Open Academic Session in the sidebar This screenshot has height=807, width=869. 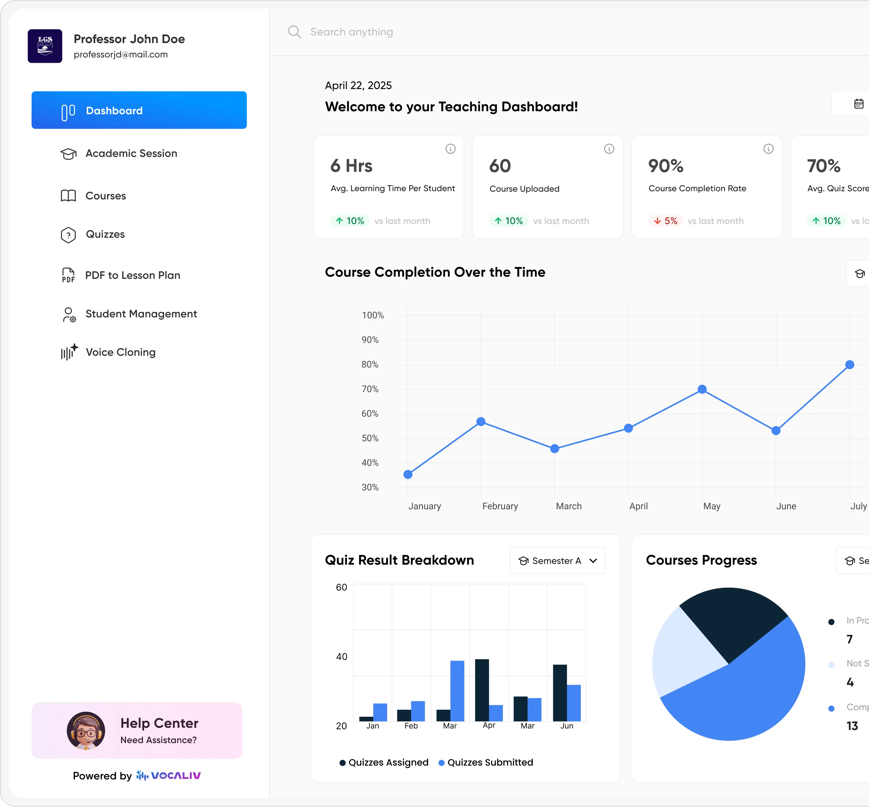point(131,153)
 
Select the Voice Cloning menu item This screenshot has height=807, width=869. point(121,352)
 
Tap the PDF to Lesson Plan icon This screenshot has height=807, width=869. point(68,275)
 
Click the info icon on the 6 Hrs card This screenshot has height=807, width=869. point(450,149)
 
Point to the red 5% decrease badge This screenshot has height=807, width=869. point(665,221)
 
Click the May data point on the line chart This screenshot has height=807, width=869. point(702,389)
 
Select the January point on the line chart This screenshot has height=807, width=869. point(408,474)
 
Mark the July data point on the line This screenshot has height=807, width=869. point(849,365)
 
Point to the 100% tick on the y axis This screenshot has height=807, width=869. point(373,315)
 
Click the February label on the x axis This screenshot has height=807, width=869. point(500,506)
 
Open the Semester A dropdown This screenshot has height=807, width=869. point(557,561)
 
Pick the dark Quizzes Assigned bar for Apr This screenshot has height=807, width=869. point(482,690)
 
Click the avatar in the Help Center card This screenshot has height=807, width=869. point(86,730)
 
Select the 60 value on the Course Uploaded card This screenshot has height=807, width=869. point(500,166)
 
